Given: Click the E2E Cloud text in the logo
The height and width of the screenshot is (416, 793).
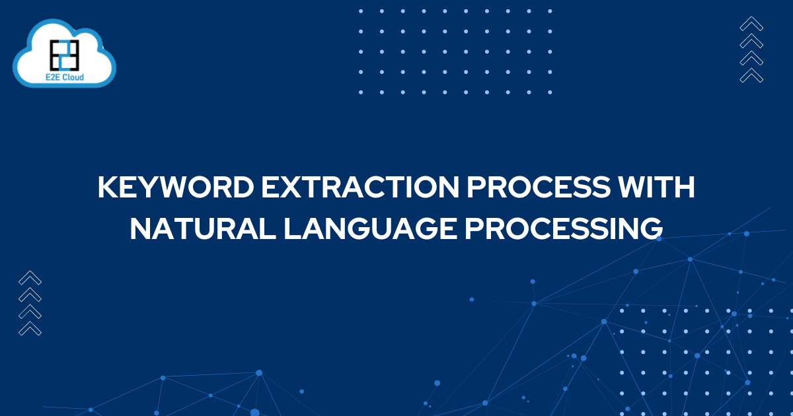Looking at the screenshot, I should pyautogui.click(x=64, y=77).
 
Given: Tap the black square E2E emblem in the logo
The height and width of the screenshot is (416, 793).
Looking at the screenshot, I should pyautogui.click(x=65, y=53).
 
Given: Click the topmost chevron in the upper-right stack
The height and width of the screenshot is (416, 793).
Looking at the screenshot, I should pyautogui.click(x=751, y=24).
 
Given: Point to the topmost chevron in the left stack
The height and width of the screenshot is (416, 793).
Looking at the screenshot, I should pyautogui.click(x=30, y=278).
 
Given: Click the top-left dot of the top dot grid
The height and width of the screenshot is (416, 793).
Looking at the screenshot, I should pyautogui.click(x=361, y=11).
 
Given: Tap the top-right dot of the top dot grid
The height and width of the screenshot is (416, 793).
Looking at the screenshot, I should pyautogui.click(x=550, y=11).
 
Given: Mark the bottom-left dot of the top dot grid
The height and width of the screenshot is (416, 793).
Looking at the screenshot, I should pyautogui.click(x=361, y=92).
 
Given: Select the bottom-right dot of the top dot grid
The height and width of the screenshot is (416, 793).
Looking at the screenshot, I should pyautogui.click(x=550, y=92).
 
